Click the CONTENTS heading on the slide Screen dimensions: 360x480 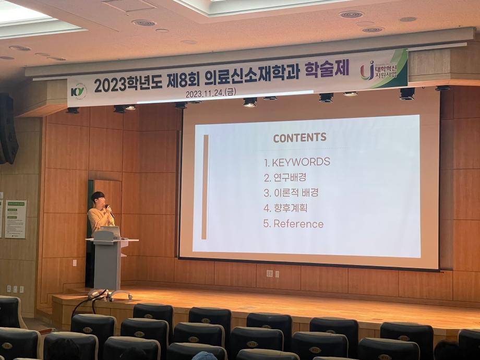pyautogui.click(x=299, y=138)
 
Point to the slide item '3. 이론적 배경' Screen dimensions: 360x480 pyautogui.click(x=291, y=193)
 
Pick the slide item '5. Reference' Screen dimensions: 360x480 pyautogui.click(x=293, y=224)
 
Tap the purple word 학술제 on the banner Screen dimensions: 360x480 pyautogui.click(x=327, y=69)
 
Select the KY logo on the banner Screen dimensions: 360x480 pyautogui.click(x=78, y=91)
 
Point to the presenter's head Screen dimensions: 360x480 pyautogui.click(x=98, y=199)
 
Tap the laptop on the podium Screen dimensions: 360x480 pyautogui.click(x=111, y=232)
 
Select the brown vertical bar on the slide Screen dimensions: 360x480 pyautogui.click(x=205, y=186)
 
